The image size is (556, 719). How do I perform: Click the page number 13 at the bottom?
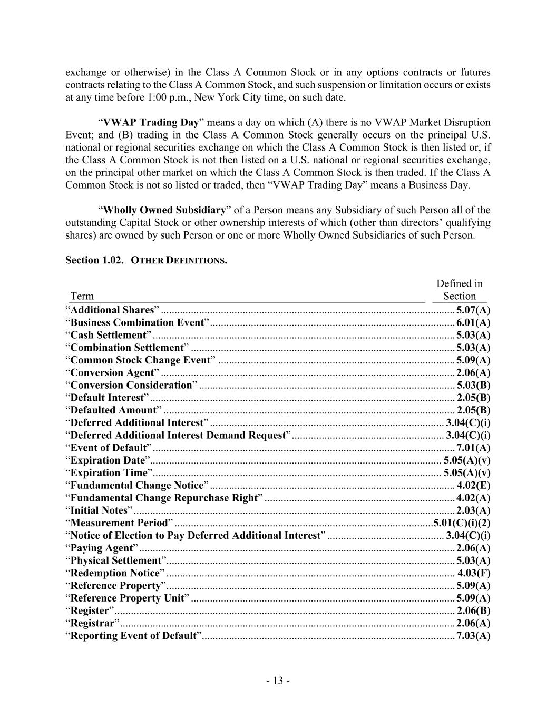point(278,681)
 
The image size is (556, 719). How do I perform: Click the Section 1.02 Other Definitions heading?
point(146,260)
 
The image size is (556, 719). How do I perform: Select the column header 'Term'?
point(82,296)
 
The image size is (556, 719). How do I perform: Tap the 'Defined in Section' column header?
point(459,290)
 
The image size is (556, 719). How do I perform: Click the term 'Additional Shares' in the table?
point(112,310)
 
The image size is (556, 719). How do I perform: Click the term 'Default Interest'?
point(107,398)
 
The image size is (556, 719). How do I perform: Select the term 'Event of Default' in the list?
point(109,448)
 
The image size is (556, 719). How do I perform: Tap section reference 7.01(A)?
point(473,448)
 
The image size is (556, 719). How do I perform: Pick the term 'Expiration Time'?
point(109,472)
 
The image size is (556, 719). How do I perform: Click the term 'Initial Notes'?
point(99,510)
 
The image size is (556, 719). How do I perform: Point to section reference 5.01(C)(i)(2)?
point(462,523)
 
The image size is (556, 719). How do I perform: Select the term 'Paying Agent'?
point(101,548)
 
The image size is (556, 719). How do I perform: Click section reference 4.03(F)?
point(474,573)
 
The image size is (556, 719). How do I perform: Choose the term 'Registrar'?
point(92,623)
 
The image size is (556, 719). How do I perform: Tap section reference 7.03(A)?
point(473,635)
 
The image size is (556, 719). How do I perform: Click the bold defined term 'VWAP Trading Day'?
point(151,122)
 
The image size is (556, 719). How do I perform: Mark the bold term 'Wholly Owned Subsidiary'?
point(164,210)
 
